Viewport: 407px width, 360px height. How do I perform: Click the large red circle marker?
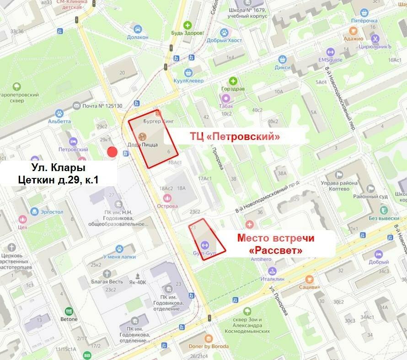112,152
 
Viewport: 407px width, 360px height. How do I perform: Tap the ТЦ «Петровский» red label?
235,136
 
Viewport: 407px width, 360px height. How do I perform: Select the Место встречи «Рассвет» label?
276,244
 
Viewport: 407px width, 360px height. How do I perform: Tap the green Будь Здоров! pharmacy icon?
187,25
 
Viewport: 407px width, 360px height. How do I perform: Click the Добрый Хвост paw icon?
224,32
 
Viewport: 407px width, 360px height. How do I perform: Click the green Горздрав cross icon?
234,81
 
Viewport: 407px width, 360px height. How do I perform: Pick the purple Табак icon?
225,98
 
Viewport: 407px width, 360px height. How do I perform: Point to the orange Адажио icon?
353,30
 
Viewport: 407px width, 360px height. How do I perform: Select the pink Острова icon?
167,198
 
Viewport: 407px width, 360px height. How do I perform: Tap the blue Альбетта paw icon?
59,113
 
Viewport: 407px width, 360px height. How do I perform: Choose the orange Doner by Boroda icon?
209,338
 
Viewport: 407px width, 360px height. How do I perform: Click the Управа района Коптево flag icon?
339,175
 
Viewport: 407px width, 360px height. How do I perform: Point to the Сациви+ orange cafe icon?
309,279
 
